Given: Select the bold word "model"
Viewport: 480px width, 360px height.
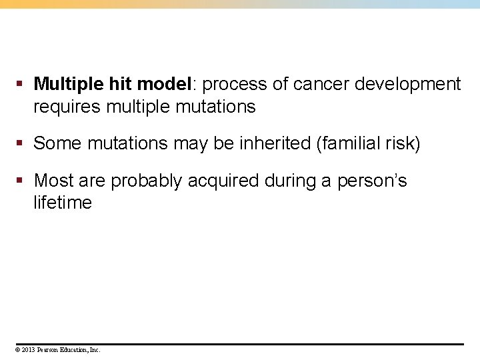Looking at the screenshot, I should point(163,85).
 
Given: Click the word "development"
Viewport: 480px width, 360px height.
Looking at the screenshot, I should point(407,85).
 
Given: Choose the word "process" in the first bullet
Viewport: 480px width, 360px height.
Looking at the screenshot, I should point(235,85).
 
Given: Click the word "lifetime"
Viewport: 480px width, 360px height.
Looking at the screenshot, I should point(63,203).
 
